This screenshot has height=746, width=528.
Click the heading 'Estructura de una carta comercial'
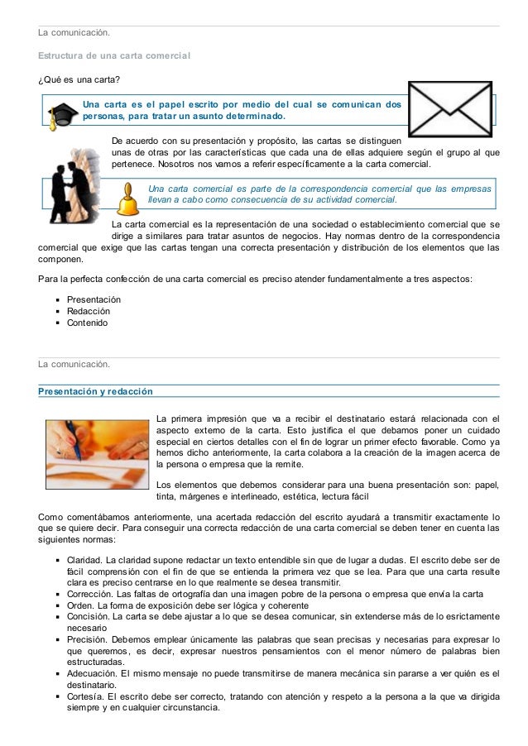coord(114,55)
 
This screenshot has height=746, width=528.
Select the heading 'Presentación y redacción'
coord(95,390)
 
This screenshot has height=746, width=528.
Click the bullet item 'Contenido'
coord(87,323)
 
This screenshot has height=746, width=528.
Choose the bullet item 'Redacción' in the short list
coord(89,310)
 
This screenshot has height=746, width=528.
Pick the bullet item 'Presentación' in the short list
coord(94,299)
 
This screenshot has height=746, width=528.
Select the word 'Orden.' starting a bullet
coord(81,606)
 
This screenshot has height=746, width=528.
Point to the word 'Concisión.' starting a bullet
coord(88,618)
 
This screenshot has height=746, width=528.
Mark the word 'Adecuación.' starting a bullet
coord(92,674)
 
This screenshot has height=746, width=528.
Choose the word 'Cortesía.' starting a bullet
coord(86,696)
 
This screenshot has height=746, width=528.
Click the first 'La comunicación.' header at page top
coord(74,33)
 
